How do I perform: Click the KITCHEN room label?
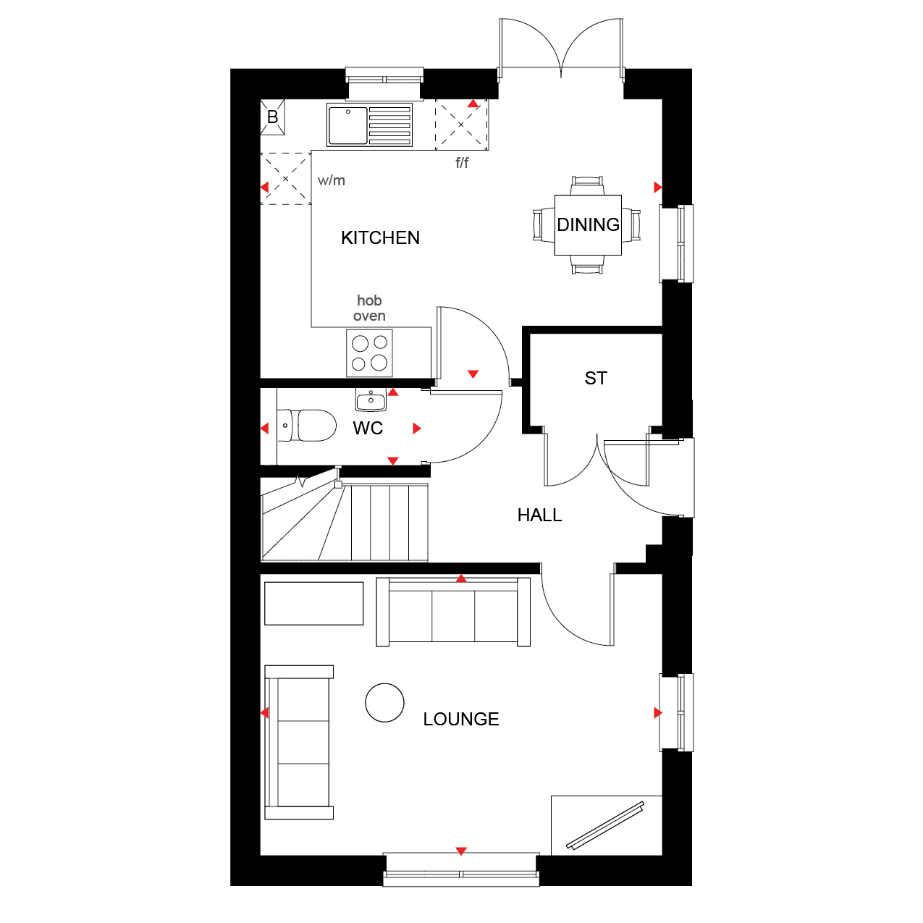click(380, 237)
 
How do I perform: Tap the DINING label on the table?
click(588, 224)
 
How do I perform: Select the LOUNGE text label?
click(461, 719)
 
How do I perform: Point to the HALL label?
click(539, 515)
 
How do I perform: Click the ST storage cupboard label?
click(595, 379)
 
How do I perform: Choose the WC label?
click(367, 429)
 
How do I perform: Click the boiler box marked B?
click(272, 117)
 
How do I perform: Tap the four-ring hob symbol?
click(369, 353)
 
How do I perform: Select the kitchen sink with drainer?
click(369, 125)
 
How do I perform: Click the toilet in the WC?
click(306, 426)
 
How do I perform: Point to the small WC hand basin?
click(371, 400)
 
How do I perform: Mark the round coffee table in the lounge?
click(384, 703)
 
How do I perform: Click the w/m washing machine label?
click(331, 180)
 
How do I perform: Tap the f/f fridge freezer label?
click(462, 163)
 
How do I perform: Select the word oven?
click(369, 316)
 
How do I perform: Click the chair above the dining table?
click(587, 185)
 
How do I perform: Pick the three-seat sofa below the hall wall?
click(453, 612)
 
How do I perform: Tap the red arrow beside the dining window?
click(657, 187)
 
